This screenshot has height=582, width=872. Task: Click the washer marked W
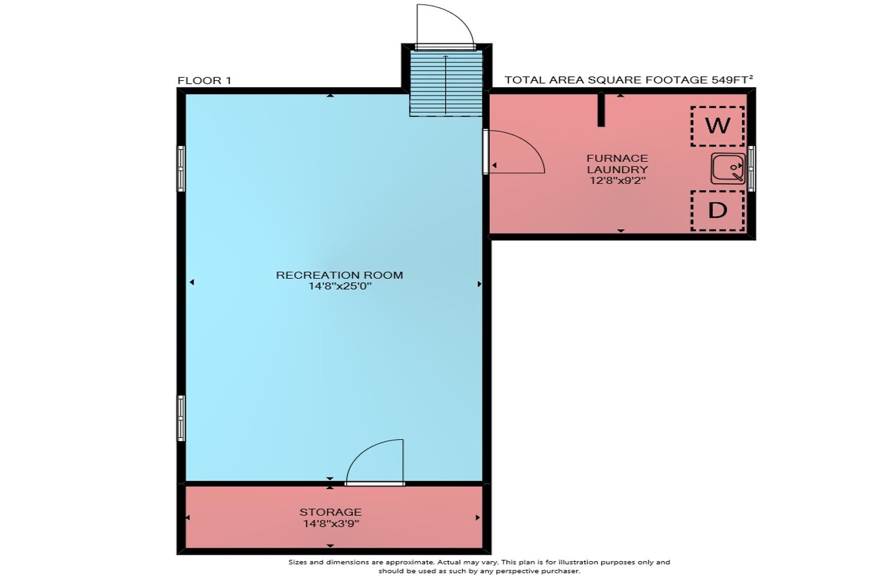[x=718, y=126]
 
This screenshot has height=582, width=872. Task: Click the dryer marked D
[x=718, y=211]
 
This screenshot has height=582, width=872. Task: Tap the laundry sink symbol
[x=728, y=168]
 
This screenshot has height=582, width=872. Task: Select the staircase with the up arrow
[x=446, y=83]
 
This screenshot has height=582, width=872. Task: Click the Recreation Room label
[x=339, y=275]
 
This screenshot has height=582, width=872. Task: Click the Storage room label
[x=330, y=512]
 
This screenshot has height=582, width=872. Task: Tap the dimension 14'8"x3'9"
[x=331, y=524]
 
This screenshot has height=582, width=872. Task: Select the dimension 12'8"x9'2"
[x=618, y=180]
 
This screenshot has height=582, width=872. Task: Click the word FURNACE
[x=617, y=158]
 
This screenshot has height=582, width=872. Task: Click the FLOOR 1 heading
[x=204, y=81]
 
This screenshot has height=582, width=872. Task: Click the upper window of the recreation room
[x=181, y=169]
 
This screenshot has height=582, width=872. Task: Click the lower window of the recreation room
[x=181, y=418]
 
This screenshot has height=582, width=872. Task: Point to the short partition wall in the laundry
[x=601, y=110]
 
